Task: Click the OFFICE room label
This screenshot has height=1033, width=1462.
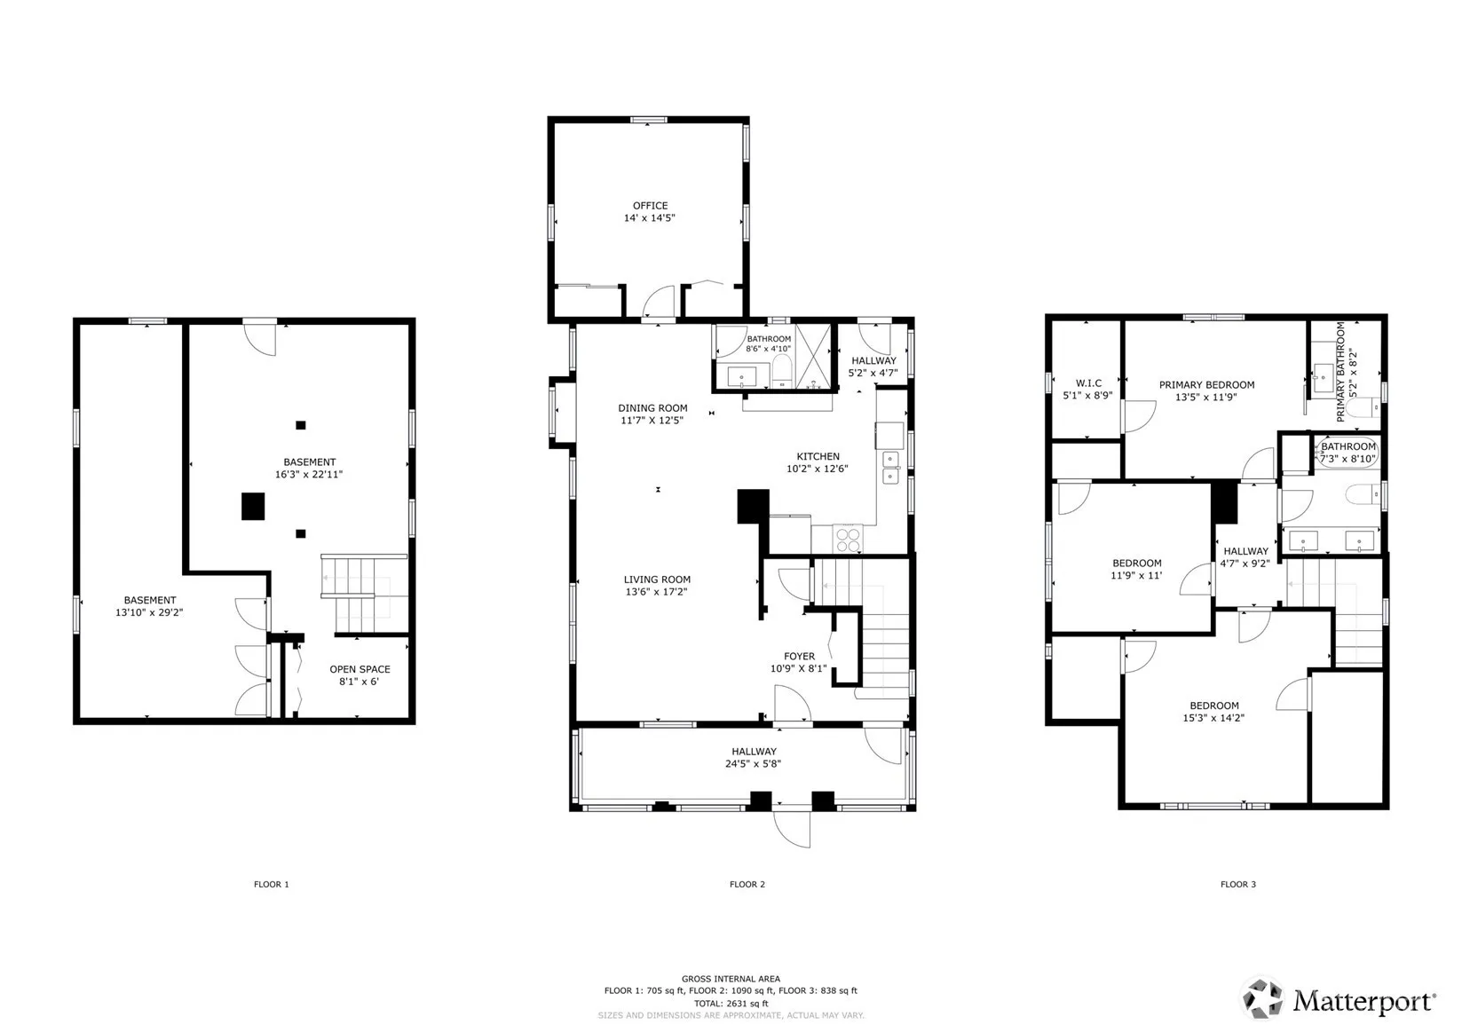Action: point(650,206)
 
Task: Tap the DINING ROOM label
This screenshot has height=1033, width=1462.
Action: point(652,408)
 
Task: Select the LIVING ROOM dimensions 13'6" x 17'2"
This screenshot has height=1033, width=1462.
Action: point(657,592)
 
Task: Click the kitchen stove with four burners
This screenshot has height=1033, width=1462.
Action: point(847,539)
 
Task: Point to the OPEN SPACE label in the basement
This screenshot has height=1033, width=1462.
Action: point(360,669)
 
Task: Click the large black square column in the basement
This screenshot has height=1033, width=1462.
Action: point(253,507)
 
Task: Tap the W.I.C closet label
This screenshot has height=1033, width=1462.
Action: point(1088,383)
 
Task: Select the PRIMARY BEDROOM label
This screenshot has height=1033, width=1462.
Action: point(1207,385)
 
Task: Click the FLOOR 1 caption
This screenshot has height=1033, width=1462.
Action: point(272,884)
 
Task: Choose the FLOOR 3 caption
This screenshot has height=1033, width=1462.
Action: point(1238,884)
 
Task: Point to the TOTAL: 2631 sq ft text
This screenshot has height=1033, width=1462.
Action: point(731,1004)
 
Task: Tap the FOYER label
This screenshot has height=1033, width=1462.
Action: point(800,657)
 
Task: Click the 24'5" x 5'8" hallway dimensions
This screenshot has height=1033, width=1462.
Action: point(753,763)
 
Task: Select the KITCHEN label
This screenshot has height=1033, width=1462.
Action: point(818,457)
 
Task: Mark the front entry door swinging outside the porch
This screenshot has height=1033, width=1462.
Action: point(792,829)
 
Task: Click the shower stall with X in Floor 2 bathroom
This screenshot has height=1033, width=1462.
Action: point(813,357)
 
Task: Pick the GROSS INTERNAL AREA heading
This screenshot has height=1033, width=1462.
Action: point(731,979)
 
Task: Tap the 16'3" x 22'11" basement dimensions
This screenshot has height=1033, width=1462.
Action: point(309,475)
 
